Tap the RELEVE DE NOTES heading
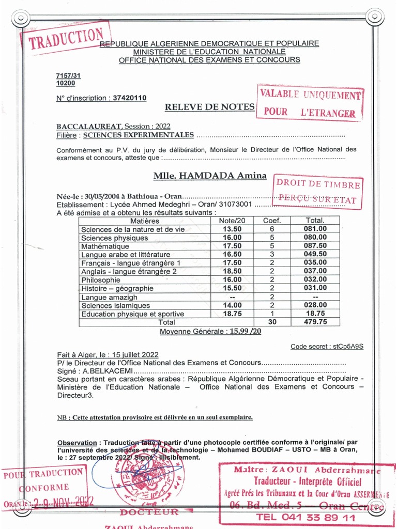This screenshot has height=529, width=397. click(x=209, y=107)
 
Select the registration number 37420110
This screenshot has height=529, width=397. click(x=130, y=98)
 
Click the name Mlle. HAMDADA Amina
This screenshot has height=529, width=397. click(x=210, y=176)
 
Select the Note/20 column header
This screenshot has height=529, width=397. click(x=232, y=221)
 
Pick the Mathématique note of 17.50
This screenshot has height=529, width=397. click(x=232, y=246)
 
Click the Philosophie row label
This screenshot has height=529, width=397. click(x=100, y=279)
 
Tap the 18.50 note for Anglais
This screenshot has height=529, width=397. click(x=232, y=271)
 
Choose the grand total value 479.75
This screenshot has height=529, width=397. click(x=315, y=321)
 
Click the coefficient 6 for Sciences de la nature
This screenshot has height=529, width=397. click(x=271, y=229)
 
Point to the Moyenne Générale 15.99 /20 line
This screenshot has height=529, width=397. click(x=210, y=331)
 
